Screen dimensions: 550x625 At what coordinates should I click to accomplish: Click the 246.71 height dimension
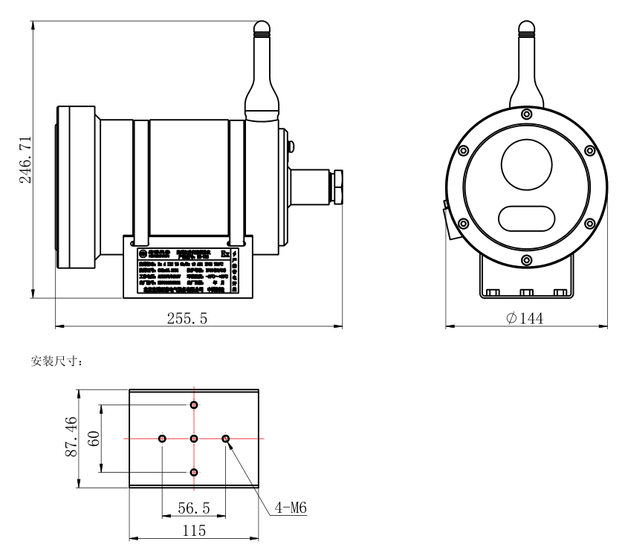click(x=24, y=160)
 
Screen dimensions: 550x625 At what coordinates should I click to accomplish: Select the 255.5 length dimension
click(x=187, y=318)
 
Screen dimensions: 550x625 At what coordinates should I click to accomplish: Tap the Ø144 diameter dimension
click(x=525, y=318)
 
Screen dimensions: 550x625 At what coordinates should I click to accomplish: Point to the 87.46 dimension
click(x=71, y=438)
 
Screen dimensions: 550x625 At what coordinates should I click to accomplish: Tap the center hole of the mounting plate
click(x=194, y=439)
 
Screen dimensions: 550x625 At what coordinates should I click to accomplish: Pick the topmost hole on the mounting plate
click(x=194, y=405)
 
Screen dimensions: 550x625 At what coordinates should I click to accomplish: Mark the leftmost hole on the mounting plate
click(x=162, y=439)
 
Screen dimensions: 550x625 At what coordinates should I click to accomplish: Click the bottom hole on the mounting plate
click(x=194, y=472)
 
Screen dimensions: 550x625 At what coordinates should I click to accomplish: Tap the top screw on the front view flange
click(x=526, y=114)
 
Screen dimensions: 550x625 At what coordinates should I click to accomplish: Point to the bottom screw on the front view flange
click(x=526, y=259)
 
